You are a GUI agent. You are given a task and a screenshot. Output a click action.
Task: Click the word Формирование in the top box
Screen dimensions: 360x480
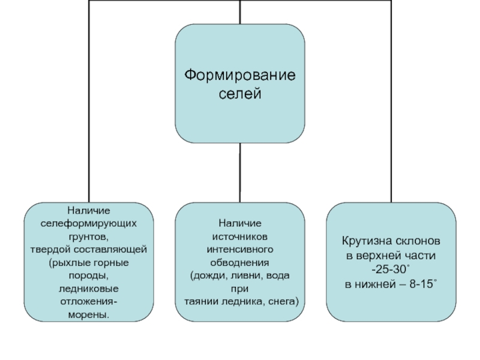tap(239, 76)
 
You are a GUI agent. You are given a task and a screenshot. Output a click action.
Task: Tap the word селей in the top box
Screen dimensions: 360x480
tap(239, 94)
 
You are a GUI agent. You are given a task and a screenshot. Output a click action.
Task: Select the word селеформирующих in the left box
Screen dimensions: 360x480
tap(88, 223)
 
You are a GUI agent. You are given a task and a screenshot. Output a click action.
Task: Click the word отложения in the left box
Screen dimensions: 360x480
tap(86, 302)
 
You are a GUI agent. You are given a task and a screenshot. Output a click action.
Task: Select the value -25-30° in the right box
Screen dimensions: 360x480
tap(391, 268)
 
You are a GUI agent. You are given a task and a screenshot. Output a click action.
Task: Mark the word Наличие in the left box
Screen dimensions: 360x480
tap(88, 211)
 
